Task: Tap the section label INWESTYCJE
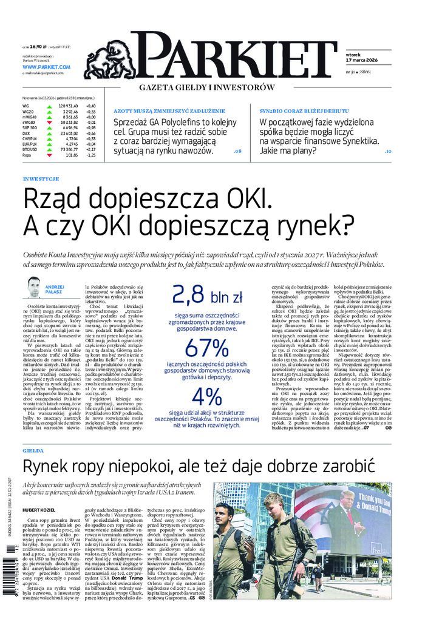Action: tap(40, 179)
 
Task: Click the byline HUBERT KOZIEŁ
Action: tap(41, 511)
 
